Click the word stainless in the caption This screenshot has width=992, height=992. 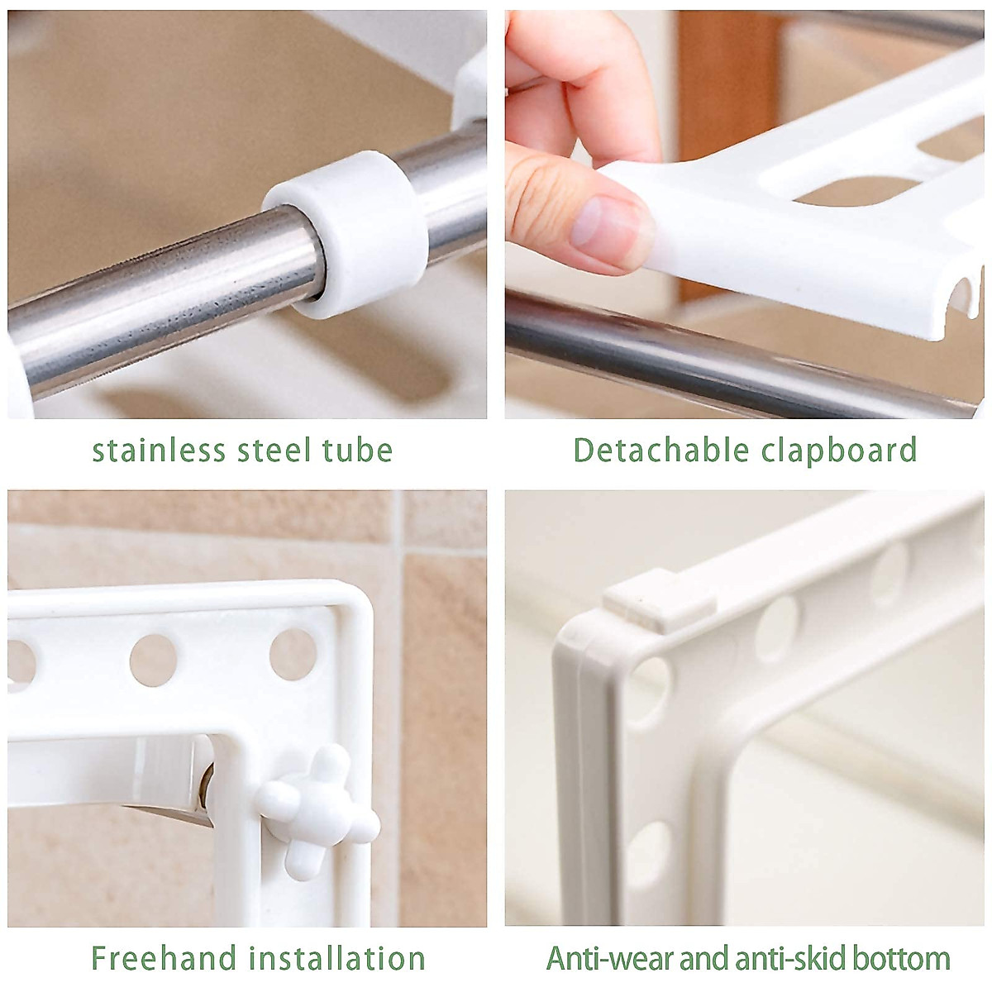[x=159, y=451]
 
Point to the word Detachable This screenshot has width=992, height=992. [x=661, y=451]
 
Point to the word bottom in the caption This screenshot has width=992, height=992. [x=901, y=959]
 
